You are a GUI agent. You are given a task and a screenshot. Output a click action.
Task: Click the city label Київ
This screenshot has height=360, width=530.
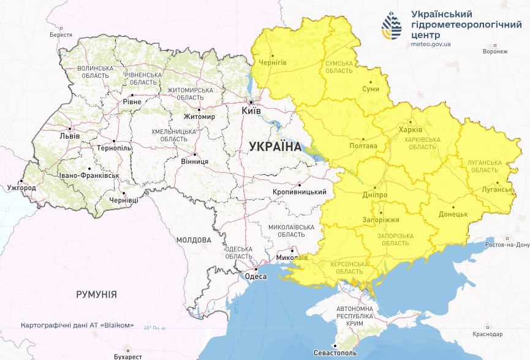tap(252, 111)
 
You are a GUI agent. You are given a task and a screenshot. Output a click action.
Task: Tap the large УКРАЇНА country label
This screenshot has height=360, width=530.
tap(275, 147)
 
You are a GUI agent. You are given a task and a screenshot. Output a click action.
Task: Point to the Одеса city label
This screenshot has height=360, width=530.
tap(256, 277)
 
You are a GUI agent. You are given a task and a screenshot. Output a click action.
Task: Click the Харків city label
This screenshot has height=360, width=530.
tap(410, 130)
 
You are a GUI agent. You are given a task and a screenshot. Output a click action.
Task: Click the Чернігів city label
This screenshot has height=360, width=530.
tap(273, 63)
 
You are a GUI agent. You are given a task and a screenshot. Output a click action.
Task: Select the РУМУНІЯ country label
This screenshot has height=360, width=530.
tap(96, 294)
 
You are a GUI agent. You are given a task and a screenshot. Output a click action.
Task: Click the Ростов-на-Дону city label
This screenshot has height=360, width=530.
tap(506, 245)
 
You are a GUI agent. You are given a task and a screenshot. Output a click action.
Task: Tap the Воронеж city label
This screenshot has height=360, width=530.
tap(495, 52)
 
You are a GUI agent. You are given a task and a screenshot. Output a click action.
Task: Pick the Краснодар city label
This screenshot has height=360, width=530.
tap(488, 334)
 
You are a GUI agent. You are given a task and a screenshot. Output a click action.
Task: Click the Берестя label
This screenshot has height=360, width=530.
tap(61, 36)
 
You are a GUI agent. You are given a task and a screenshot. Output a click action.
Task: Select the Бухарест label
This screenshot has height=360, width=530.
tap(127, 356)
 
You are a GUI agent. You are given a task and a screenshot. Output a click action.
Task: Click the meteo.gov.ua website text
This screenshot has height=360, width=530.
tap(431, 45)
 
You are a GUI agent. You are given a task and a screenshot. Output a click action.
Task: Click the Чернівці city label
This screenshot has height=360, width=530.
tap(123, 201)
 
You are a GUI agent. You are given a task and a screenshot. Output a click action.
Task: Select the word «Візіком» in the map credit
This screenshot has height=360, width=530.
tap(116, 325)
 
